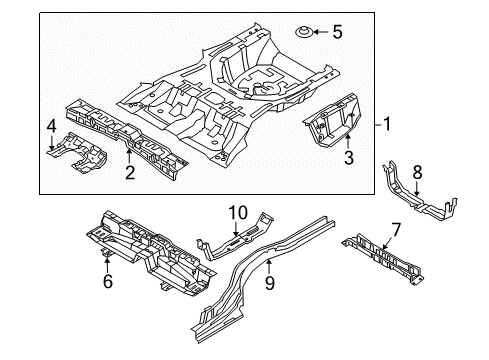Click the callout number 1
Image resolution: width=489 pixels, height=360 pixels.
tap(386, 124)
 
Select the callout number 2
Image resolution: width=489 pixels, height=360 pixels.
tap(130, 172)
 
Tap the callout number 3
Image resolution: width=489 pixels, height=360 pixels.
tap(349, 157)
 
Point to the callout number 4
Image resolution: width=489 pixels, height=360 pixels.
tap(52, 126)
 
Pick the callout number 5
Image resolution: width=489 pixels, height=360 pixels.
tap(337, 32)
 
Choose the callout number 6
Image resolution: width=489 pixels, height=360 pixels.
tap(108, 281)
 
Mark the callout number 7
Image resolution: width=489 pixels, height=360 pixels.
tap(395, 230)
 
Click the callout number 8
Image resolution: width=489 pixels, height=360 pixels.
tap(417, 173)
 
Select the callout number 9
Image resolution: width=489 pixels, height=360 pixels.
tap(269, 283)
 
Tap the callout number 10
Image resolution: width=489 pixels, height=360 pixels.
tap(238, 213)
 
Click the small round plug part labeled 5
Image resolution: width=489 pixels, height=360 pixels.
tap(304, 33)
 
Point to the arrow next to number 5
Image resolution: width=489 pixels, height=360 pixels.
tap(320, 32)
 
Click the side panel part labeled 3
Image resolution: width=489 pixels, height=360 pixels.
tap(333, 120)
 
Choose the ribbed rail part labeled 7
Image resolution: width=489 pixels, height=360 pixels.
tap(383, 258)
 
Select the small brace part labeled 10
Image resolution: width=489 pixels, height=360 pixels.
tap(235, 237)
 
